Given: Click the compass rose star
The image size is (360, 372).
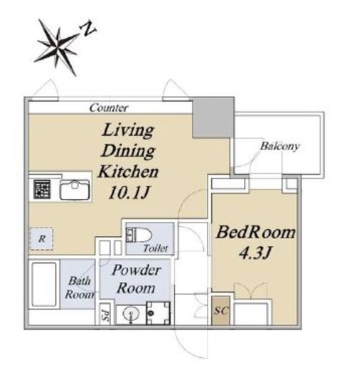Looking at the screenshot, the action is click(57, 47).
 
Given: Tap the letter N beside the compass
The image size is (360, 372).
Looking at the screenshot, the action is click(88, 29).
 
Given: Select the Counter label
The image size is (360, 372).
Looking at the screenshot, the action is click(109, 108).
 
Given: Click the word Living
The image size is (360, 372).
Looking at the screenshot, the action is click(128, 130).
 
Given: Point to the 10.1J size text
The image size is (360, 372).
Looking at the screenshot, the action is click(129, 192).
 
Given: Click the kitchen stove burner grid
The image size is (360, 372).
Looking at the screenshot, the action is click(42, 190).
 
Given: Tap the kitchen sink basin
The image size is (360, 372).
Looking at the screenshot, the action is click(74, 190).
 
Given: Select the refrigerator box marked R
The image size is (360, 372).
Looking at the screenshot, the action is click(41, 239).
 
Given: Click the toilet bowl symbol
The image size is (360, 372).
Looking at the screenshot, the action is click(139, 235).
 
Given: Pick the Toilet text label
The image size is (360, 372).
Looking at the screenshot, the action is click(156, 248).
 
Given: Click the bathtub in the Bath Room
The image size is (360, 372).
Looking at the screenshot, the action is click(44, 284).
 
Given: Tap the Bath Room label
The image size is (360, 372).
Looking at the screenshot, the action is click(79, 288).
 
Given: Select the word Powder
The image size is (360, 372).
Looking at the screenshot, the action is click(136, 270).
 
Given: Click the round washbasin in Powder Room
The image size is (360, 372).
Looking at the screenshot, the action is click(131, 314).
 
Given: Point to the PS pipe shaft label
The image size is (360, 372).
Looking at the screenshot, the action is click(104, 314).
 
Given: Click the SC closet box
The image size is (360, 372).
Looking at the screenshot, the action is click(221, 310).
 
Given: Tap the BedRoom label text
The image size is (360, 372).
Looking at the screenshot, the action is click(256, 232).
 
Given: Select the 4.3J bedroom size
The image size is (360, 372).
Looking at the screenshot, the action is click(256, 253).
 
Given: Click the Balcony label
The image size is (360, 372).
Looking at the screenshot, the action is click(280, 146).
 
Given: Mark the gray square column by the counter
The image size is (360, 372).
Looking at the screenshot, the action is click(213, 117).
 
